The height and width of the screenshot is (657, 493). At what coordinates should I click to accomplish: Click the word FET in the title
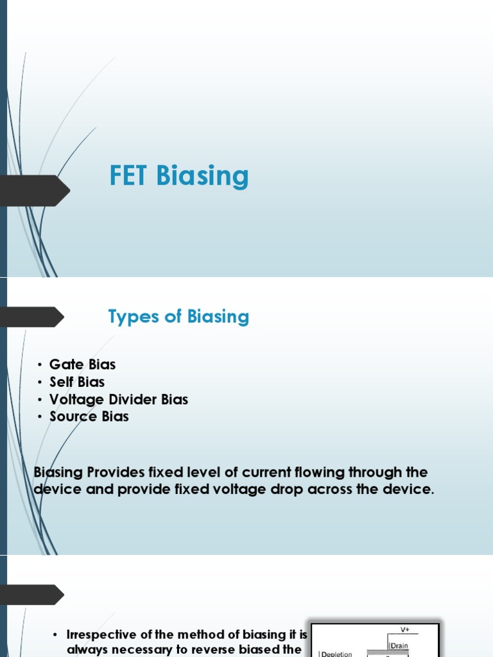[129, 176]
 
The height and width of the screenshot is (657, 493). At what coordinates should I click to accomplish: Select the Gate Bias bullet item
[82, 364]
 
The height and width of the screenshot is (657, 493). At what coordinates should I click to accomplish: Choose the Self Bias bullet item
[77, 382]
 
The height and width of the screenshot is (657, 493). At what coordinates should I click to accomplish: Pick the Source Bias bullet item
[89, 416]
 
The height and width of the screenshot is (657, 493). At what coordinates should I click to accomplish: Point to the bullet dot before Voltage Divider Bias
[39, 400]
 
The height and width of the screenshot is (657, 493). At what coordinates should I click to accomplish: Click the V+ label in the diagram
[404, 630]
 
